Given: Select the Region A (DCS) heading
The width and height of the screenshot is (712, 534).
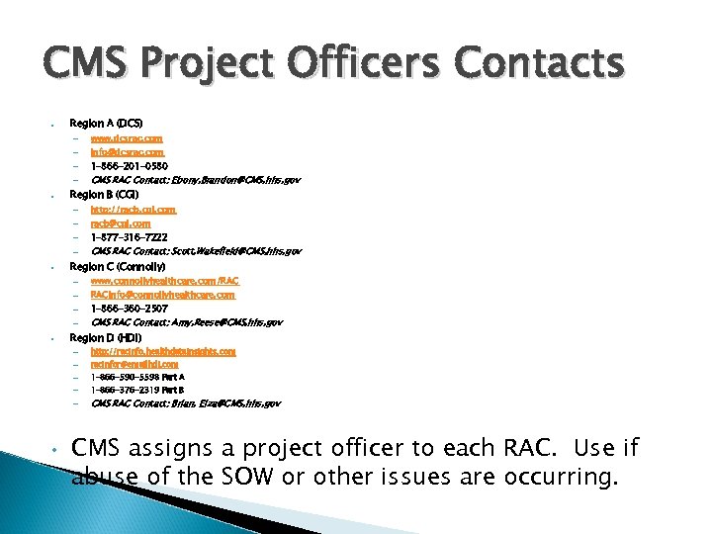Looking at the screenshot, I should click(106, 123).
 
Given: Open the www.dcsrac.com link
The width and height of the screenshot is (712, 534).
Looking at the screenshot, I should click(127, 138).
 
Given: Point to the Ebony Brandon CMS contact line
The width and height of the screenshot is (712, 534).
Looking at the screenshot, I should click(195, 180).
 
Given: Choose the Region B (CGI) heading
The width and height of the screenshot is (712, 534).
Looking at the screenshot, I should click(104, 195).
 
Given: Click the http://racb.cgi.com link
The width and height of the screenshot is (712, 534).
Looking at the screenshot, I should click(133, 210).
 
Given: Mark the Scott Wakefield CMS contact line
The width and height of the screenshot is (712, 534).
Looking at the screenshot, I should click(196, 252).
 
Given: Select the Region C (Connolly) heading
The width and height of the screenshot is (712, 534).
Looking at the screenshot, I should click(118, 267).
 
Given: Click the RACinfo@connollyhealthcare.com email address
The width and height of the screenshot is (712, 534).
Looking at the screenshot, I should click(162, 295).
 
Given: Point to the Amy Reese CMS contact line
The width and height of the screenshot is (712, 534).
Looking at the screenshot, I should click(186, 322).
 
